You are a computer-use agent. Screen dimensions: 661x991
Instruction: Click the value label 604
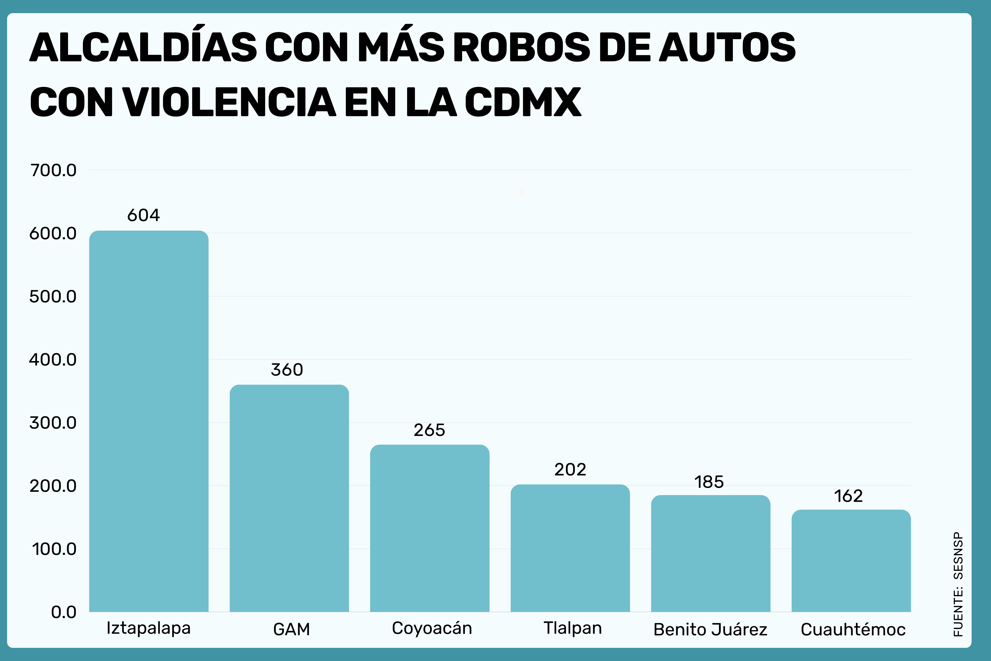[x=144, y=215]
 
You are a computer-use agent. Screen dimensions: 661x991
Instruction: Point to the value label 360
[x=287, y=370]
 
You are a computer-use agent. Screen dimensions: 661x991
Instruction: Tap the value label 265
[x=429, y=430]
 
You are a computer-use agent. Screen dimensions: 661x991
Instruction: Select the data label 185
[x=709, y=482]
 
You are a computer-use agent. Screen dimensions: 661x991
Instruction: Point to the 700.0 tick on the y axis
[x=54, y=170]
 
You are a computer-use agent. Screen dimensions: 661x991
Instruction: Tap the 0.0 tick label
[x=64, y=612]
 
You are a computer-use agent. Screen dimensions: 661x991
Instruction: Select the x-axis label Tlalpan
[x=573, y=628]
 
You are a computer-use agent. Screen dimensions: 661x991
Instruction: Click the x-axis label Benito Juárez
[x=710, y=629]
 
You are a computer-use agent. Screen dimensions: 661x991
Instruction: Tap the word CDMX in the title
[x=523, y=102]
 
